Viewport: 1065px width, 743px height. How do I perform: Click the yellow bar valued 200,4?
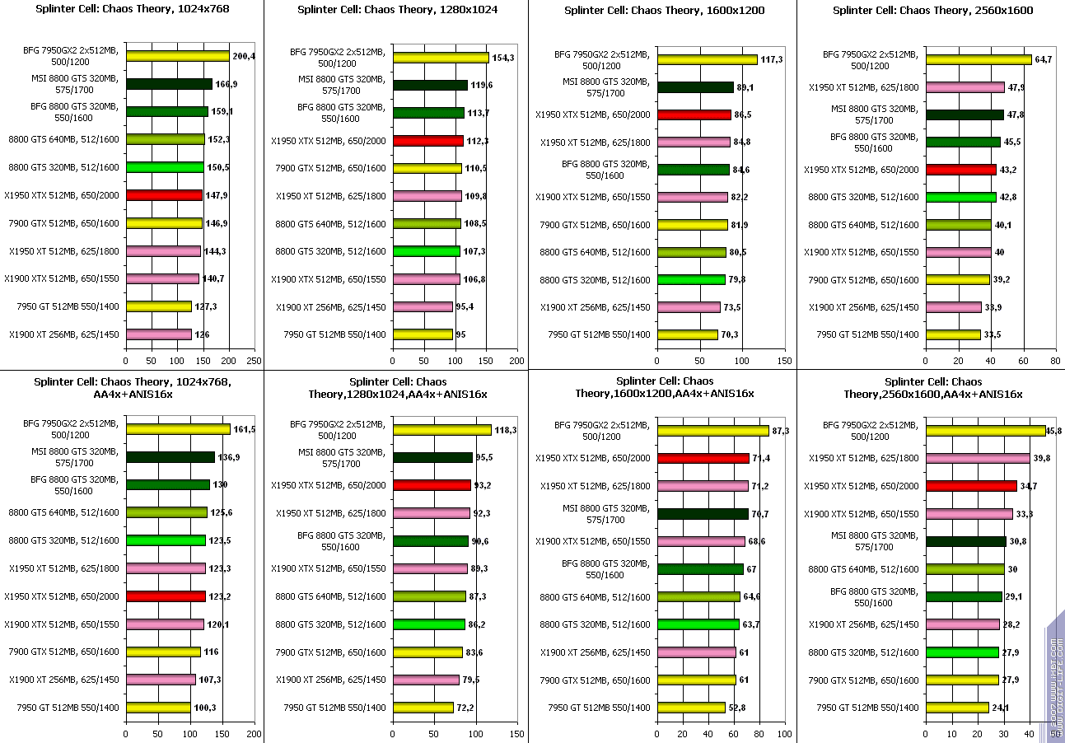click(177, 56)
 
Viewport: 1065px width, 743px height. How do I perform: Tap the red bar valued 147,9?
click(164, 195)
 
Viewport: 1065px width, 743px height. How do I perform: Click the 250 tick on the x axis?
click(255, 361)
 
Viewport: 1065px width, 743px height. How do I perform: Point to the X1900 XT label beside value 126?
click(64, 334)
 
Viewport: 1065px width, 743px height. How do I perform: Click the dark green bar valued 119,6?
click(430, 85)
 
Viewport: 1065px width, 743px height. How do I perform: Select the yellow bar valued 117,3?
click(707, 59)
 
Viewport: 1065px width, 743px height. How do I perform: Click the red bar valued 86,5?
click(694, 114)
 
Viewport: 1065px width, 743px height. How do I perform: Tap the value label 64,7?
click(1044, 59)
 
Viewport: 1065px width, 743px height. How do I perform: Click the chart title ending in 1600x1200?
click(665, 11)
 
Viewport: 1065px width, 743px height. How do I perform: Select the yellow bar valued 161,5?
click(178, 429)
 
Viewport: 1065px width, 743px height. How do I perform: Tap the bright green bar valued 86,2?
click(428, 624)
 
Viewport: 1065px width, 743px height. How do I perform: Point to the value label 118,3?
click(506, 430)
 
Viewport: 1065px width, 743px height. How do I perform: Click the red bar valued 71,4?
click(703, 458)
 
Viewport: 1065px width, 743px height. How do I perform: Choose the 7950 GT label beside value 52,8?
click(600, 708)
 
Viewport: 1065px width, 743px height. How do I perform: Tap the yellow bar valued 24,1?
click(957, 708)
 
